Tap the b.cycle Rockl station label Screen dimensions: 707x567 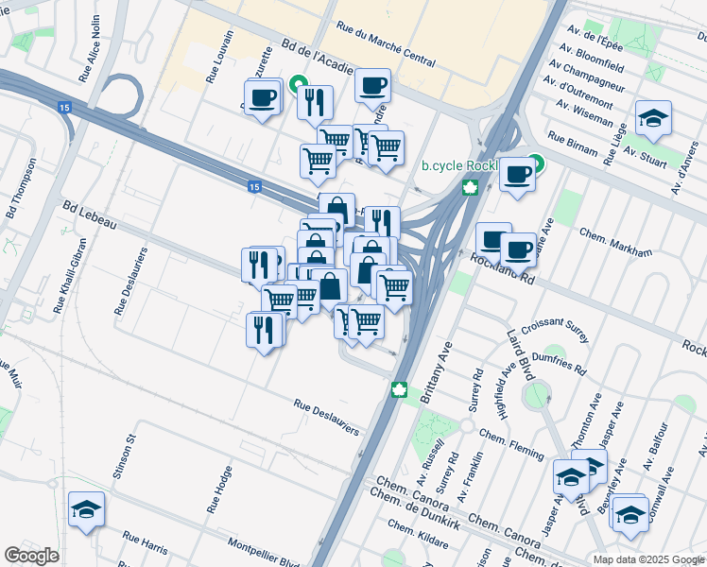click(459, 165)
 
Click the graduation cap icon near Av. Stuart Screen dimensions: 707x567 click(653, 117)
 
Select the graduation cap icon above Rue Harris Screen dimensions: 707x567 click(86, 509)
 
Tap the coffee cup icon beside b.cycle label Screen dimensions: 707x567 click(517, 175)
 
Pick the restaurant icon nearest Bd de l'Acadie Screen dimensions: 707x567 click(315, 100)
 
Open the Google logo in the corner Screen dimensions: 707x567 click(31, 556)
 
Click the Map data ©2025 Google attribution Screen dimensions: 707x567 click(649, 559)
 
